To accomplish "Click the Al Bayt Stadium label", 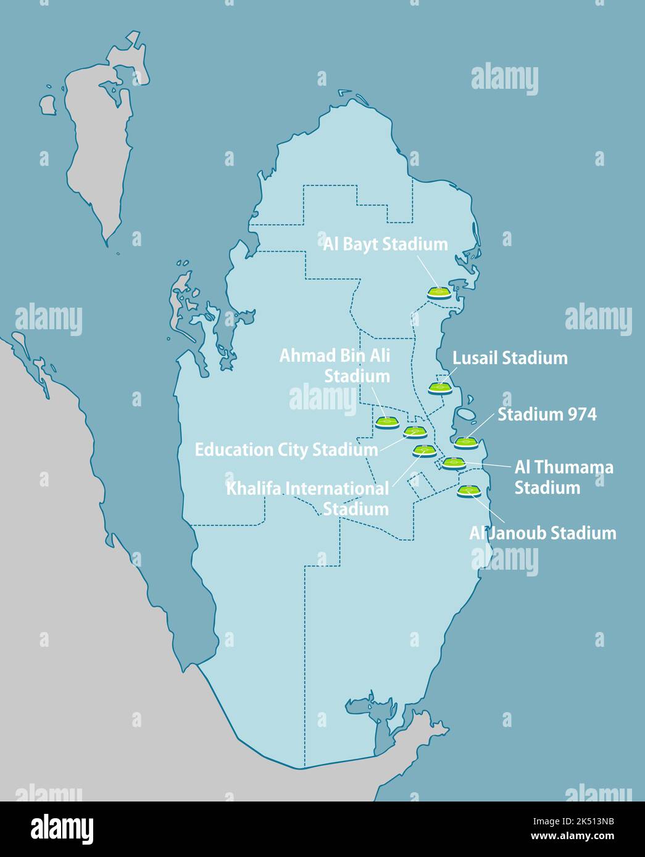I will click(385, 244).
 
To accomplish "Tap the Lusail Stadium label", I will click(510, 358).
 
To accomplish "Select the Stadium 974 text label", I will click(547, 414).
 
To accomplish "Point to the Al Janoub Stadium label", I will click(543, 533).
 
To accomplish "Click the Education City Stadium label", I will click(286, 449).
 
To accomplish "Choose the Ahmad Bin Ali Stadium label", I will click(335, 366).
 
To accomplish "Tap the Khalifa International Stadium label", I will click(308, 499).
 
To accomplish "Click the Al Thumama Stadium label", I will click(564, 477).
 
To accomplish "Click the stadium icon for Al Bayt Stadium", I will click(439, 293).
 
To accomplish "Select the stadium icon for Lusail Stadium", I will click(440, 388).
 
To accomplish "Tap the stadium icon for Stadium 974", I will click(466, 441).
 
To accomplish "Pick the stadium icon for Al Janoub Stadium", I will click(468, 491).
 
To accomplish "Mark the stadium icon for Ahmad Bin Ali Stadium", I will click(387, 422).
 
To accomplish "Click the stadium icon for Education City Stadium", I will click(415, 432).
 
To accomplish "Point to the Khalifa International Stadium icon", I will click(424, 450).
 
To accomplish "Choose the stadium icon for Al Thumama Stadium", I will click(453, 462).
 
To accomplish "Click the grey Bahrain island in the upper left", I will click(99, 142).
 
